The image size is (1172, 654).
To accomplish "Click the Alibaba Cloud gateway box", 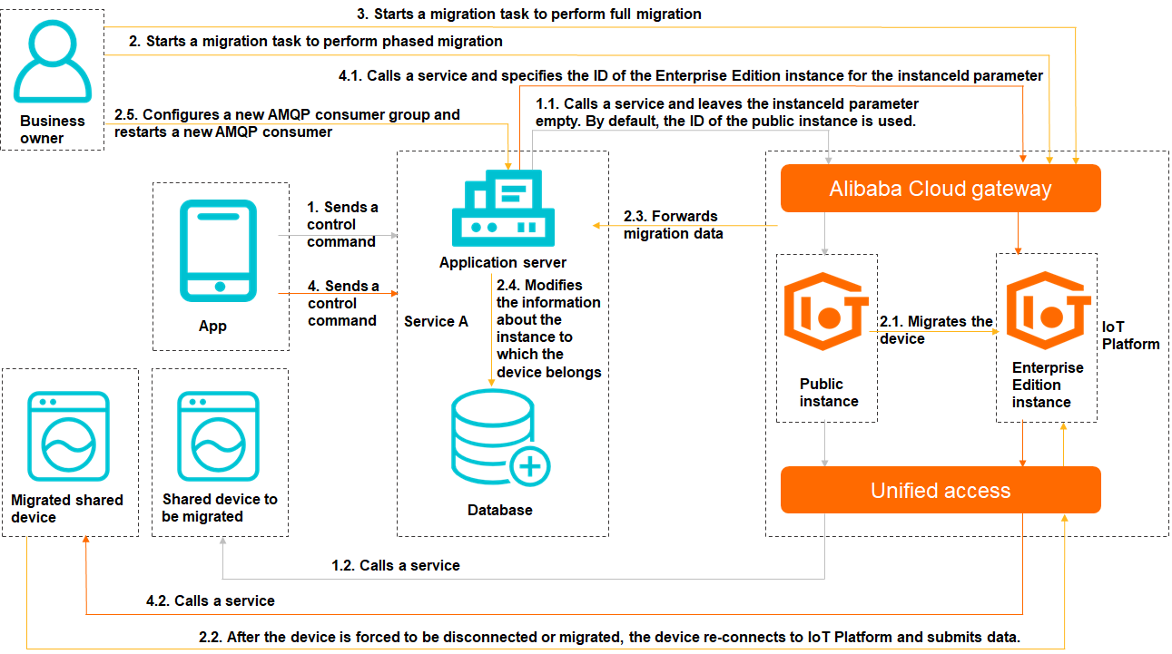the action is click(x=941, y=188).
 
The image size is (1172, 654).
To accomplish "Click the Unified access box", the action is click(x=941, y=490).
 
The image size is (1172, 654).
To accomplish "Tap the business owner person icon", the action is click(x=53, y=61).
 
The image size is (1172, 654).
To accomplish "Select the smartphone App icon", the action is click(x=218, y=251).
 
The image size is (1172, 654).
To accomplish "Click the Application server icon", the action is click(x=503, y=208).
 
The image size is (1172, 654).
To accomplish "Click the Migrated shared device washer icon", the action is click(x=69, y=436).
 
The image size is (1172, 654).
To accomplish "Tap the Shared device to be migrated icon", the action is click(x=218, y=436).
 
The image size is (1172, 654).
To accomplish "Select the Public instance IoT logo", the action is click(x=825, y=311).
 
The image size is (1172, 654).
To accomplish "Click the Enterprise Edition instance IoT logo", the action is click(x=1048, y=310).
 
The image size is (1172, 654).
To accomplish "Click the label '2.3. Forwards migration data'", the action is click(x=673, y=225).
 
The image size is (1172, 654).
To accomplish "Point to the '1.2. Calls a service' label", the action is click(x=396, y=566).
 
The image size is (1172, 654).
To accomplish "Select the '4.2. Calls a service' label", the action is click(x=211, y=601).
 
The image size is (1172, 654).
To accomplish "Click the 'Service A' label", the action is click(x=436, y=321).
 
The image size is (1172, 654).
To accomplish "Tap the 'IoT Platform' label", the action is click(x=1130, y=336).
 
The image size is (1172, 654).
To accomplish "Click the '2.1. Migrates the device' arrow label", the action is click(x=935, y=330).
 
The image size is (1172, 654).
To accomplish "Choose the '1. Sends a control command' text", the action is click(x=342, y=224).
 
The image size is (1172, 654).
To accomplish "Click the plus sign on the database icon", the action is click(x=530, y=466).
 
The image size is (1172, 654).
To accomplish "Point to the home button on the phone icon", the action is click(x=220, y=287).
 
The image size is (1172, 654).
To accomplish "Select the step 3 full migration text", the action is click(x=529, y=15).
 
